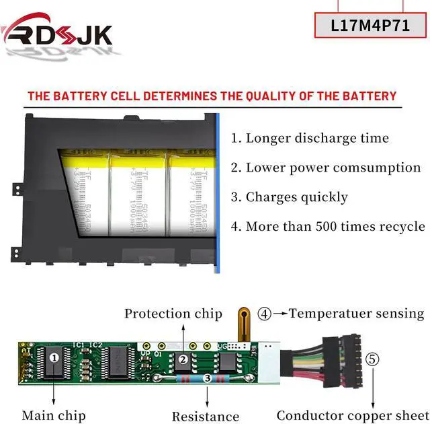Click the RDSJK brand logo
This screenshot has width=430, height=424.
(57, 34)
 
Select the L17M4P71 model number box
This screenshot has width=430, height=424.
(370, 26)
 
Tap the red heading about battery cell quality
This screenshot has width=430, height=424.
(212, 96)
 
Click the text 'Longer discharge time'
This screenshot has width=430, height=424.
(310, 138)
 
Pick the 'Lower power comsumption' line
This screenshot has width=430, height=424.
(326, 168)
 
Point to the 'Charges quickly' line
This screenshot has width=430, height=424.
(290, 197)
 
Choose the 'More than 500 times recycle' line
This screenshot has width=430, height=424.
(328, 226)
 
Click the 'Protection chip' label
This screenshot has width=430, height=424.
(173, 314)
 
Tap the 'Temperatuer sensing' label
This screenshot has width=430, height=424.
(357, 313)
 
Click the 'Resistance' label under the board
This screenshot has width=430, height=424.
(206, 417)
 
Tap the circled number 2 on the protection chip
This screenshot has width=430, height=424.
(183, 359)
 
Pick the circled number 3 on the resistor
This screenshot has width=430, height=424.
(207, 379)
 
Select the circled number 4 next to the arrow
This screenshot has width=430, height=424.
(266, 313)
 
